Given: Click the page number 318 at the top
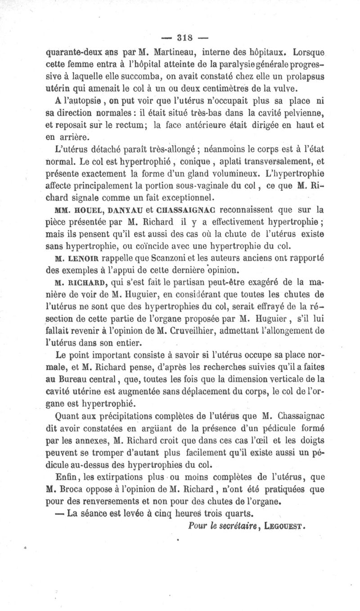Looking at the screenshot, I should (179, 36).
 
